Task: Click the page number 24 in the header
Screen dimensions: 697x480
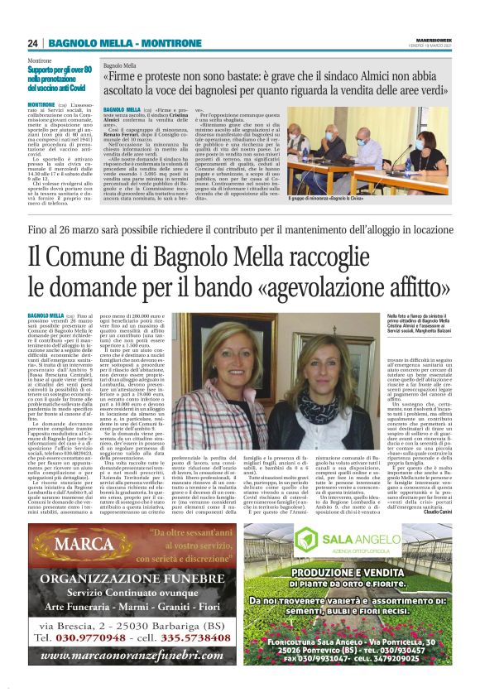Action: coord(34,42)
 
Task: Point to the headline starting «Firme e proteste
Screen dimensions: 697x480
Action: coord(273,82)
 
